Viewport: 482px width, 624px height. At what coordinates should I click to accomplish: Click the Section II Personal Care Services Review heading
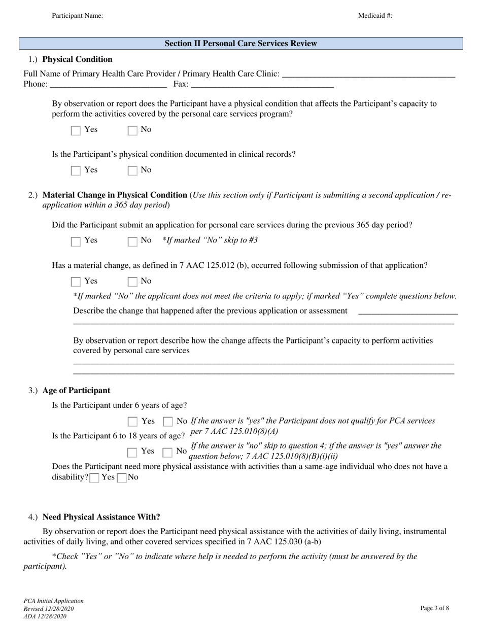(x=240, y=44)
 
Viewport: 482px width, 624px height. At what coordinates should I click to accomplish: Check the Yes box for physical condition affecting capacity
(x=76, y=130)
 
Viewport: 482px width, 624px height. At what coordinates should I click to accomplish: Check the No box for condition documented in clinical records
(x=132, y=170)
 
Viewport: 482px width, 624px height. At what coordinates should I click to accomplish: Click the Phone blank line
(x=108, y=85)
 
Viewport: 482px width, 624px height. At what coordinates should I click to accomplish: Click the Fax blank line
(x=262, y=85)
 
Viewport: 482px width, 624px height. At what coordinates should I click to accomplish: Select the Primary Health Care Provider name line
(x=368, y=75)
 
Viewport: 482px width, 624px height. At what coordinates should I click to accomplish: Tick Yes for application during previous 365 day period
(x=76, y=241)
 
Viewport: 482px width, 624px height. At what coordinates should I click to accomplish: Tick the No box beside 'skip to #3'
(x=132, y=241)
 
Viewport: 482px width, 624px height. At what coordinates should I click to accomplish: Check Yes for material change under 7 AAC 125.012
(x=76, y=282)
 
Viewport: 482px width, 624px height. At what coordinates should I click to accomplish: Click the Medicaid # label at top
(x=375, y=16)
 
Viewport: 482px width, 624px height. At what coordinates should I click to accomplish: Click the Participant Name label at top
(x=77, y=16)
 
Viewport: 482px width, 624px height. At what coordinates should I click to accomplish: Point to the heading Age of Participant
(x=76, y=391)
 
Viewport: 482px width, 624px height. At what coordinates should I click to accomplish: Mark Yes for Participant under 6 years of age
(x=132, y=422)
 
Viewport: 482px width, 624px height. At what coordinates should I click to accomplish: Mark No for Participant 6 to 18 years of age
(x=167, y=452)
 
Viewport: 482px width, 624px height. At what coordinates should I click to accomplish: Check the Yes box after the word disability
(x=94, y=478)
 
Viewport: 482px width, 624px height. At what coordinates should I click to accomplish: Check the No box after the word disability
(x=121, y=478)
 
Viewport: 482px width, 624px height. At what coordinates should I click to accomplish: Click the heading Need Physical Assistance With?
(x=101, y=517)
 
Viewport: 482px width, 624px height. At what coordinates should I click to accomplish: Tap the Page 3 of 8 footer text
(x=435, y=608)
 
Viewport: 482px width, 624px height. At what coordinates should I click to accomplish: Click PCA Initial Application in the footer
(x=53, y=601)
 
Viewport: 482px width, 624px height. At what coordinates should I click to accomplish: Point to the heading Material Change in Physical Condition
(x=115, y=195)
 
